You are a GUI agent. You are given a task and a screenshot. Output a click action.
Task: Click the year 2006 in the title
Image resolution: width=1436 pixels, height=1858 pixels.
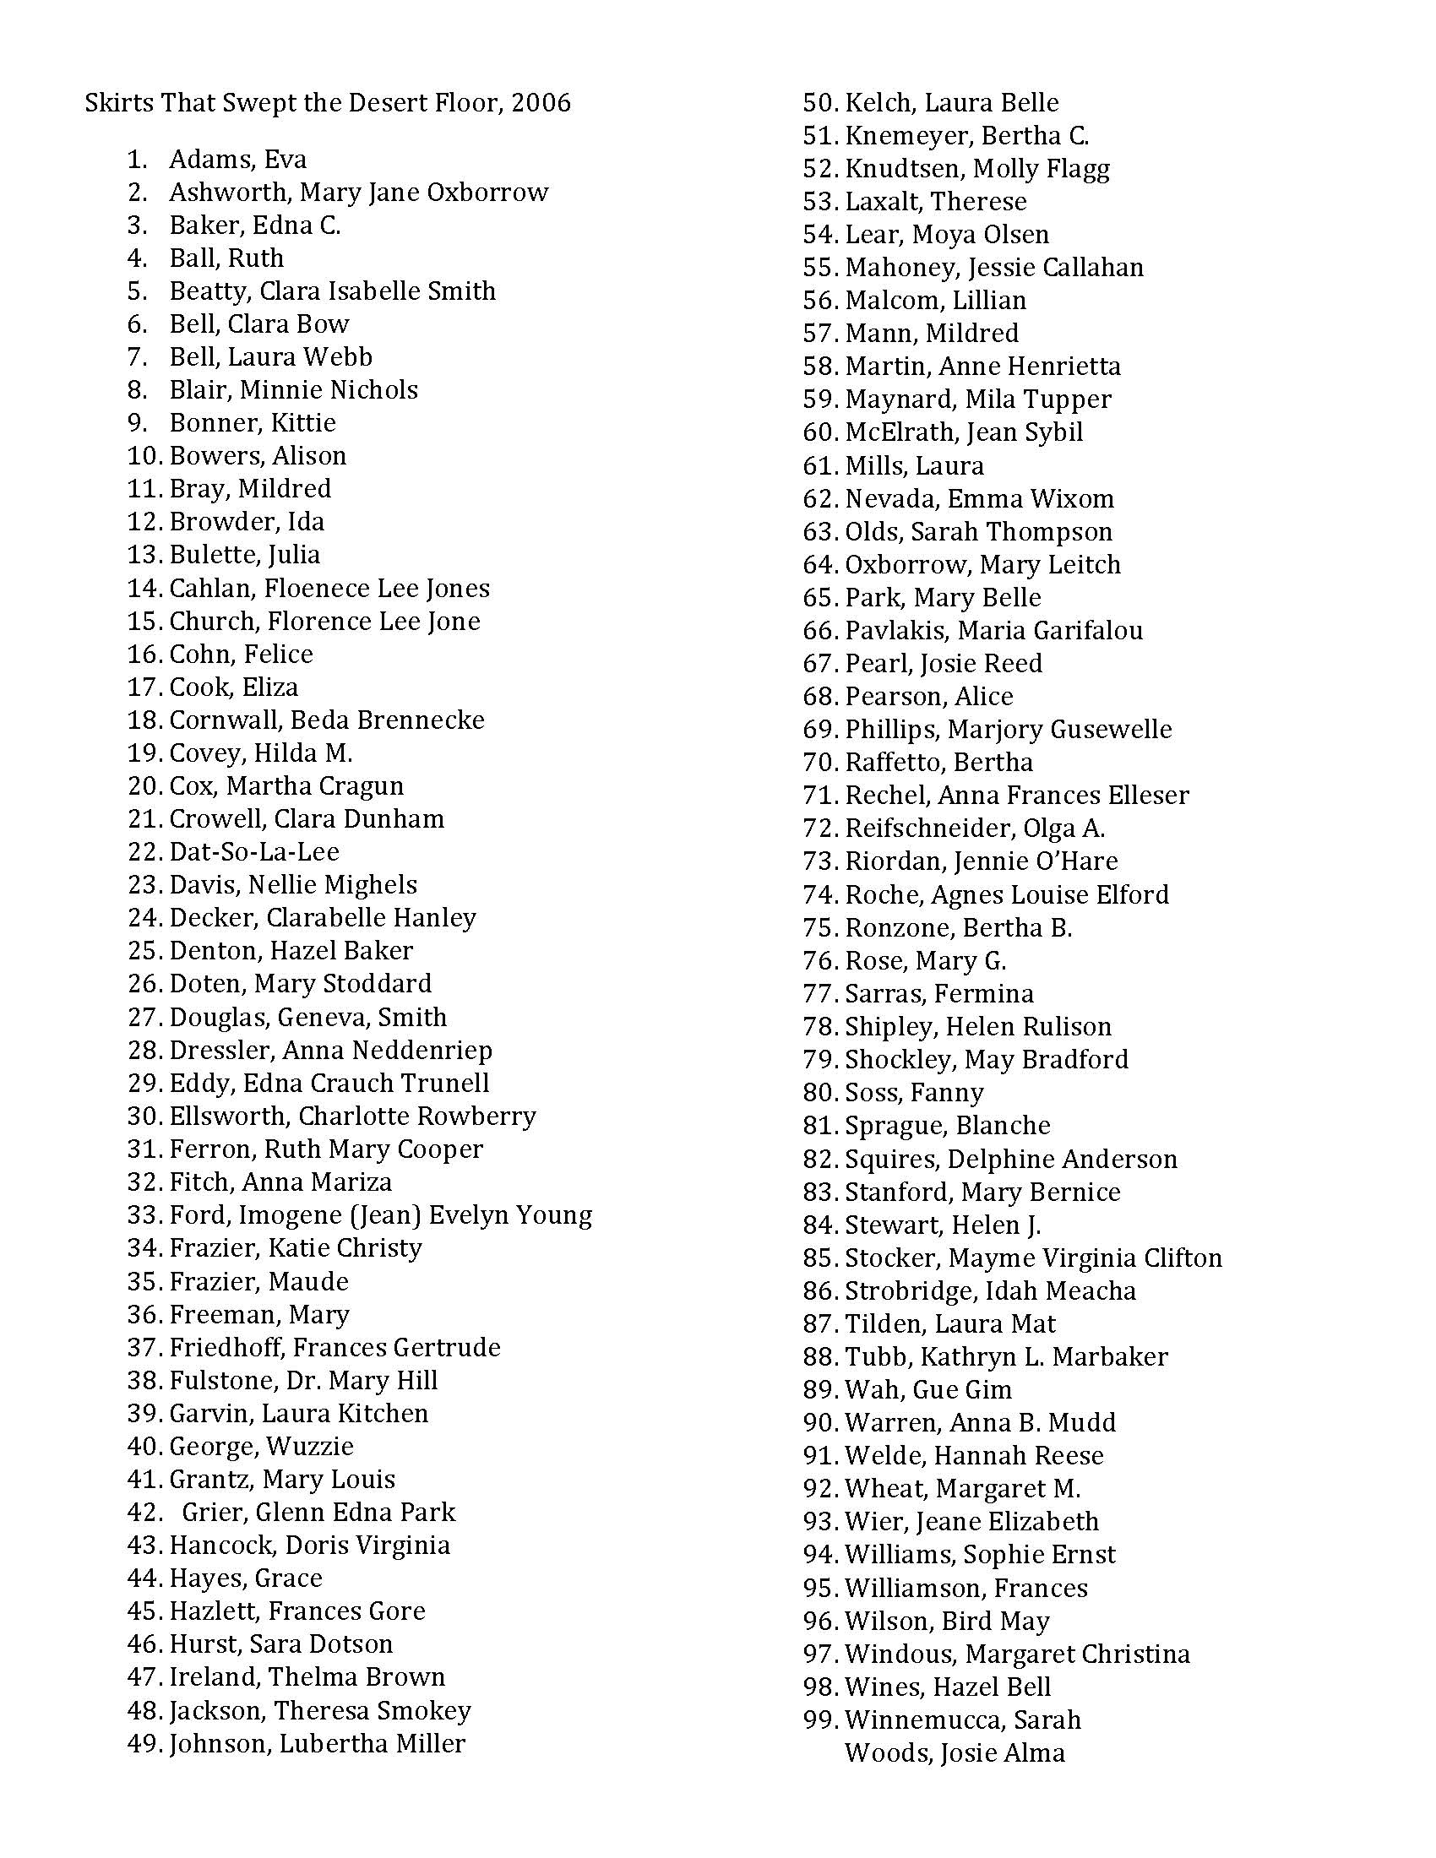click(x=541, y=103)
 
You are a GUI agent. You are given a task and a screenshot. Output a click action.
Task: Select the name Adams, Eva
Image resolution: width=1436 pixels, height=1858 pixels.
click(x=237, y=159)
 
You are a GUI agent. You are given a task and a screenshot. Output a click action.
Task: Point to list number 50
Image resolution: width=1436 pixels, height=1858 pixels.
click(x=820, y=103)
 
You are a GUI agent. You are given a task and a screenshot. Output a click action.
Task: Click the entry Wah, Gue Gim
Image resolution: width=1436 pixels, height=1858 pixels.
click(x=928, y=1389)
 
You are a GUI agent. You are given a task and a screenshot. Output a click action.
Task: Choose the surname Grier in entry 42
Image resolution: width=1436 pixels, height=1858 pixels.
click(x=211, y=1512)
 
